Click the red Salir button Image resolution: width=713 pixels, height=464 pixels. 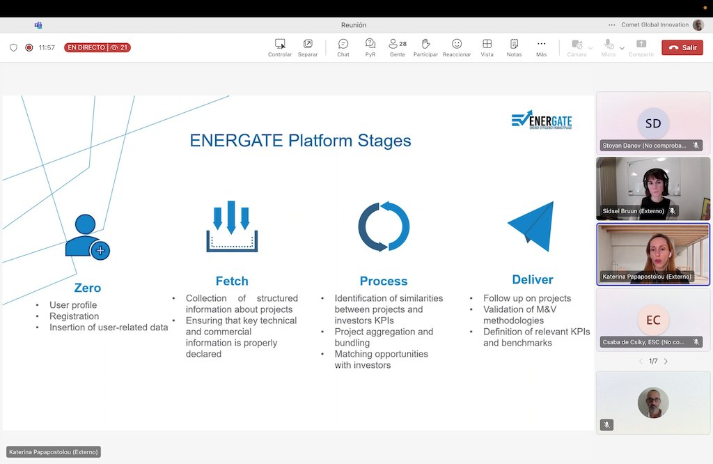pos(682,47)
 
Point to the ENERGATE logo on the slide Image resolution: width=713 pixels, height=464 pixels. pos(541,120)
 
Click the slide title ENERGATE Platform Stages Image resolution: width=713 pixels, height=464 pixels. pos(300,141)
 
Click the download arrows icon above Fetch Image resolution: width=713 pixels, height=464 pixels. pos(232,226)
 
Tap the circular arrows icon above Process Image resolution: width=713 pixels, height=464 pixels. pos(384,226)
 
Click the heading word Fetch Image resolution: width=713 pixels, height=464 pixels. pos(232,281)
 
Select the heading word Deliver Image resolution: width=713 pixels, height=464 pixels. pos(533,279)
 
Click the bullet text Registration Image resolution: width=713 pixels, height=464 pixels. pos(74,316)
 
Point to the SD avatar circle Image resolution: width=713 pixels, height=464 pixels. pos(653,123)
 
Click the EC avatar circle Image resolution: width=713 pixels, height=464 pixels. pos(653,320)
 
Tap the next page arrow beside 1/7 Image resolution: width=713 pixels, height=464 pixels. pos(666,361)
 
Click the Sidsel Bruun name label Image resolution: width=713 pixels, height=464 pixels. pos(633,211)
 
